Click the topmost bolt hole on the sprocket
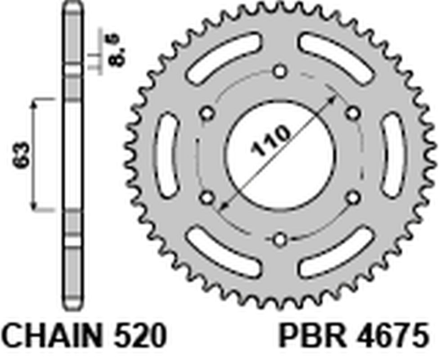[278, 70]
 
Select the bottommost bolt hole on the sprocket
[278, 238]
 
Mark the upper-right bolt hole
[350, 113]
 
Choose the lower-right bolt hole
[350, 197]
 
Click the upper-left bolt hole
[205, 113]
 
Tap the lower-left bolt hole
[205, 197]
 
